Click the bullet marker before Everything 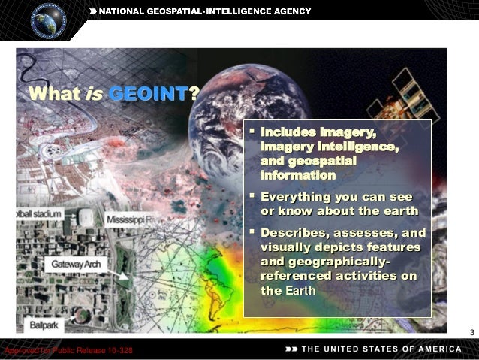(252, 197)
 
